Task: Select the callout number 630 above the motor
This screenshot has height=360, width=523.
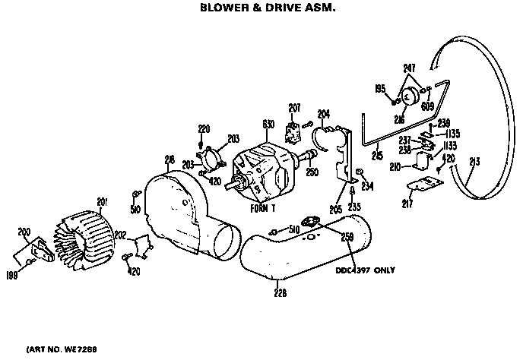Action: coord(268,124)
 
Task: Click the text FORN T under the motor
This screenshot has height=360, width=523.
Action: coord(264,207)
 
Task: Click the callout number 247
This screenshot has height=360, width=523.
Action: coord(410,68)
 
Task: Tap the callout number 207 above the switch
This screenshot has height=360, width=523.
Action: coord(295,106)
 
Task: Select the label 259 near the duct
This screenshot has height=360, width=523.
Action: coord(347,237)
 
